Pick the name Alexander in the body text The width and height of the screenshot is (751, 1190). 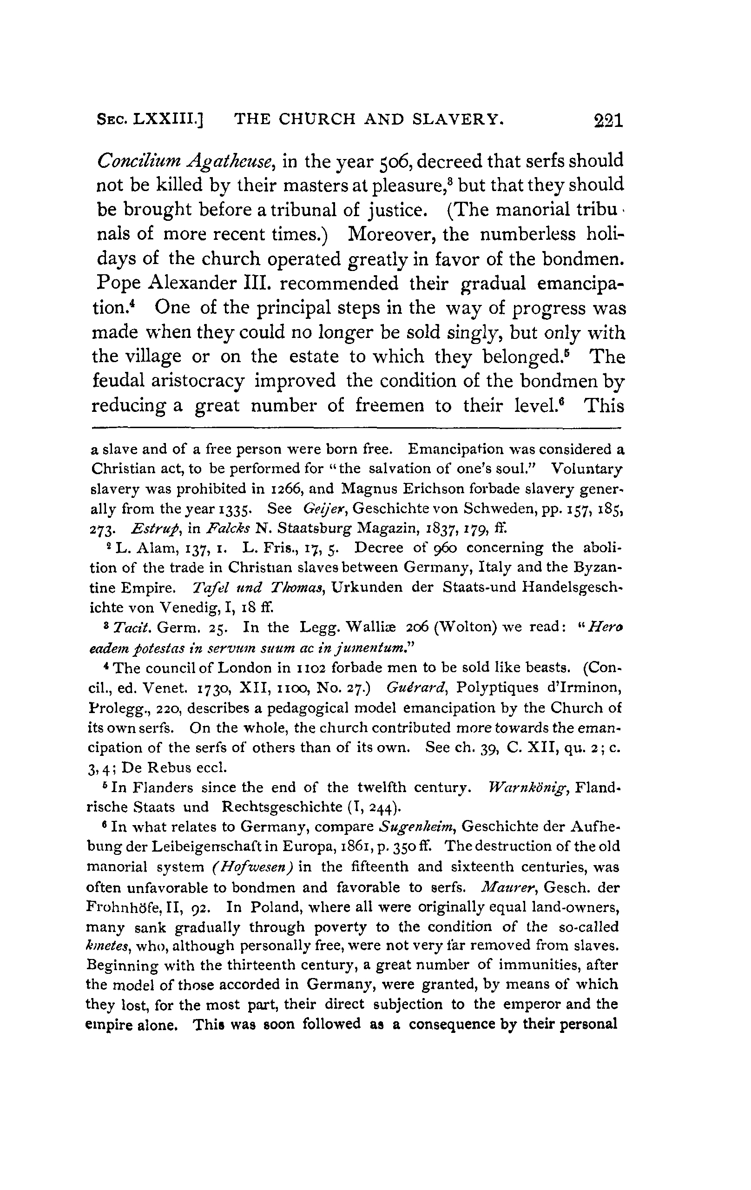tap(194, 283)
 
